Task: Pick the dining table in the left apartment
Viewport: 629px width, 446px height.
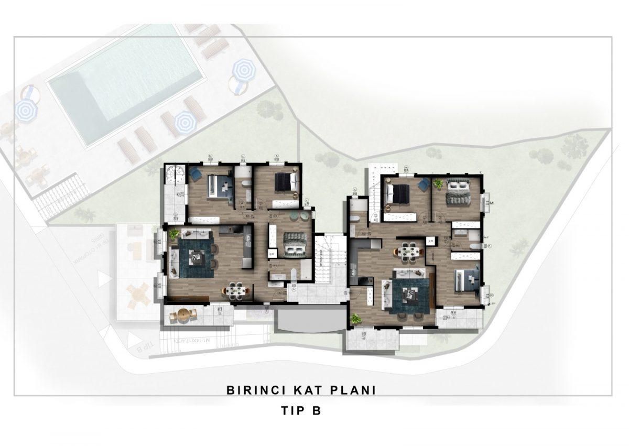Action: pos(233,290)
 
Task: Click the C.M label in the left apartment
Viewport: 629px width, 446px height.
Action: pos(272,254)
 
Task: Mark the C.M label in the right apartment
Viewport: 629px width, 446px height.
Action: pos(430,241)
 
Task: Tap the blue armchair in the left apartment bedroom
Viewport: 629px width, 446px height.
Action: pos(195,173)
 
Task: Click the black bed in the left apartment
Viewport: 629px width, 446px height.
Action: pos(286,182)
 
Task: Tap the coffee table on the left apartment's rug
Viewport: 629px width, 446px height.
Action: pos(197,257)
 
